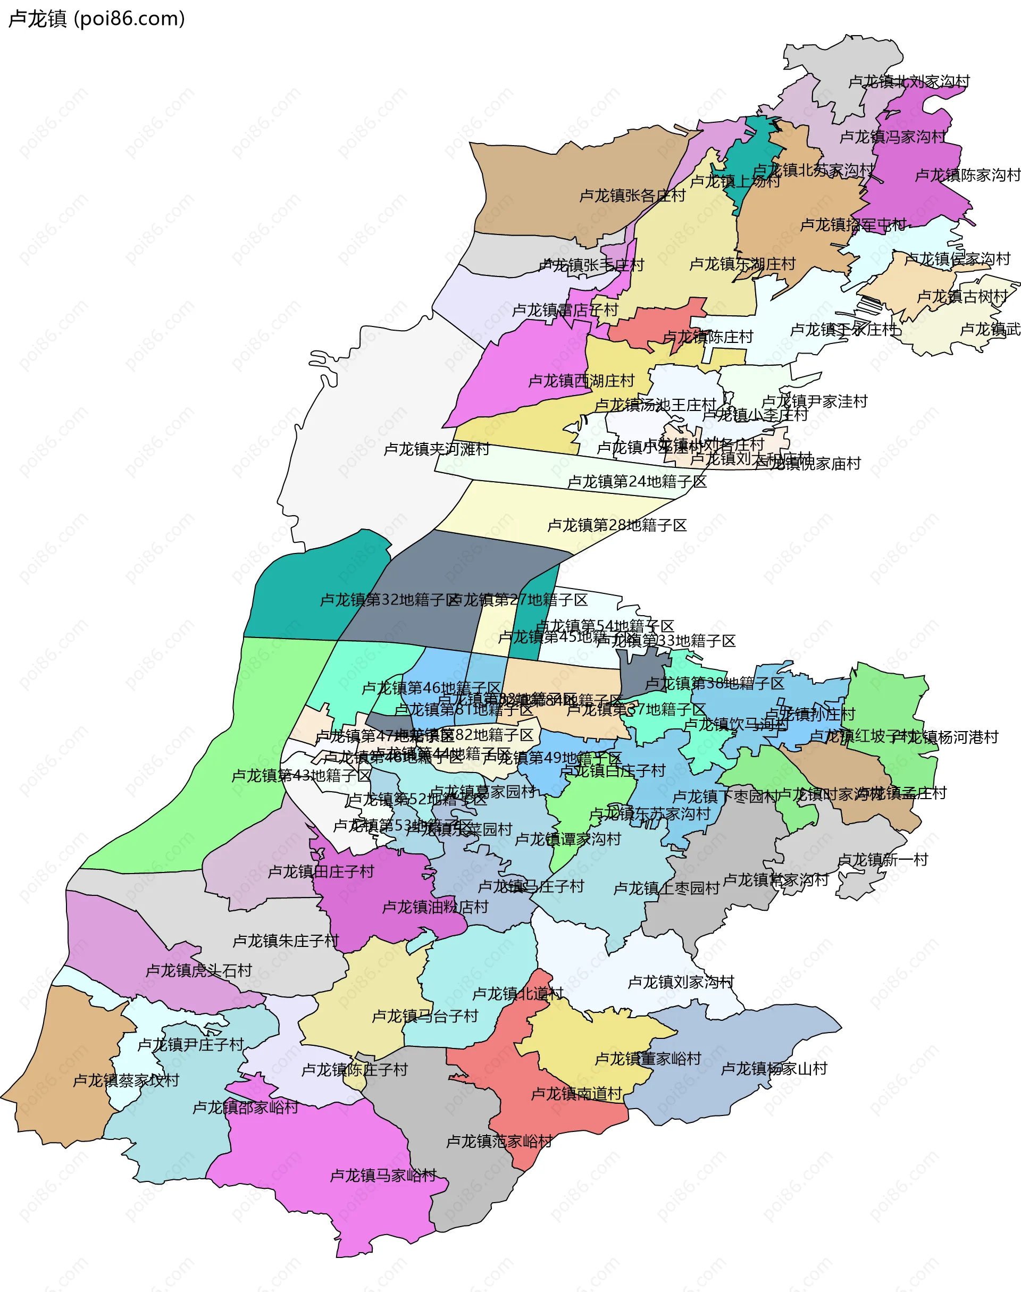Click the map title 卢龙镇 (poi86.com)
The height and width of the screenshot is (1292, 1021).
pyautogui.click(x=96, y=19)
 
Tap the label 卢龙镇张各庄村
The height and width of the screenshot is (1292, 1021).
pyautogui.click(x=632, y=196)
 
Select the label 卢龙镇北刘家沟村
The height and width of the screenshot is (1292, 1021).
pyautogui.click(x=909, y=81)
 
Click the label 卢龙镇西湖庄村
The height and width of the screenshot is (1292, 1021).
pyautogui.click(x=581, y=381)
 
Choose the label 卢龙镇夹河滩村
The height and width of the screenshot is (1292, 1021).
pyautogui.click(x=437, y=449)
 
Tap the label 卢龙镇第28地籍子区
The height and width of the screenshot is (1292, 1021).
pyautogui.click(x=617, y=525)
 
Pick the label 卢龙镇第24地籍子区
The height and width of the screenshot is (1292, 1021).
pyautogui.click(x=637, y=482)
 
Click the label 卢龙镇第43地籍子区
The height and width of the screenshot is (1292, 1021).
pyautogui.click(x=302, y=776)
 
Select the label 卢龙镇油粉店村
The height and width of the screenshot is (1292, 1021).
pyautogui.click(x=435, y=907)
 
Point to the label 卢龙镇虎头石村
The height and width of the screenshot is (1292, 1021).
pyautogui.click(x=199, y=970)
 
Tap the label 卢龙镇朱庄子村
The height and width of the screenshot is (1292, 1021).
pyautogui.click(x=286, y=941)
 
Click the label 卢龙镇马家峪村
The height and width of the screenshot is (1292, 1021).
pyautogui.click(x=383, y=1176)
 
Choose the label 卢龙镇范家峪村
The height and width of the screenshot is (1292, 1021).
pyautogui.click(x=499, y=1142)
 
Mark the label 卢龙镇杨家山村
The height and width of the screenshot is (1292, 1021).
pyautogui.click(x=774, y=1069)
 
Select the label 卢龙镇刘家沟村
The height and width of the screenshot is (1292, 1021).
pyautogui.click(x=681, y=982)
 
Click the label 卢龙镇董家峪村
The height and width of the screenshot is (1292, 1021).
pyautogui.click(x=648, y=1059)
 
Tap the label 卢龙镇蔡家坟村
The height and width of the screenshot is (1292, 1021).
pyautogui.click(x=126, y=1080)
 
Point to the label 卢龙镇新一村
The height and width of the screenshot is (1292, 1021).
pyautogui.click(x=882, y=860)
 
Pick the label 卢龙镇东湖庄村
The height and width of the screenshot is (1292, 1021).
pyautogui.click(x=742, y=264)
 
